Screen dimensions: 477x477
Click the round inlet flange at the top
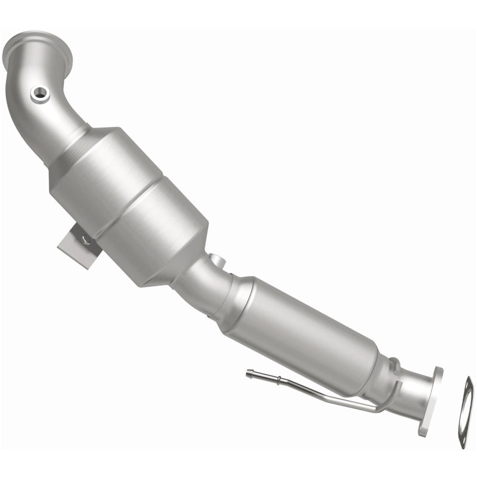point(37,49)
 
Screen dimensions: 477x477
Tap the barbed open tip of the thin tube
point(250,374)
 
